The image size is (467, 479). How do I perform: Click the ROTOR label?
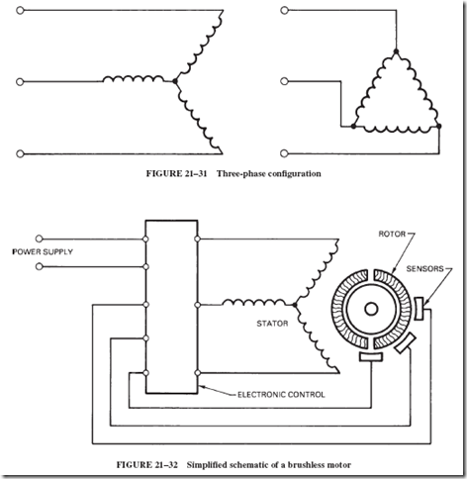(x=392, y=234)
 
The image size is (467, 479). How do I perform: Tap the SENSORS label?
(x=424, y=268)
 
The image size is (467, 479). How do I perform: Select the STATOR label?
(x=272, y=324)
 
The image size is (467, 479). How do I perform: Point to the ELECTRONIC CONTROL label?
(x=281, y=395)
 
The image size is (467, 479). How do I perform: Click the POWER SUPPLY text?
(x=43, y=251)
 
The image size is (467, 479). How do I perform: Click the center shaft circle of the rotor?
(x=371, y=309)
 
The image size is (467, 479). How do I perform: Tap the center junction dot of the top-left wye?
(x=175, y=81)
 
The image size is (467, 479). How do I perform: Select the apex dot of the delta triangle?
(x=396, y=51)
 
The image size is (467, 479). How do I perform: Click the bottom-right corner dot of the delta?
(x=438, y=126)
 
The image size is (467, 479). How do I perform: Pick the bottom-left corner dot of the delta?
(x=353, y=126)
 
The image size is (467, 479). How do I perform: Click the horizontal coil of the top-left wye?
(x=134, y=79)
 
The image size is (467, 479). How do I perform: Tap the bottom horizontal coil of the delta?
(x=396, y=129)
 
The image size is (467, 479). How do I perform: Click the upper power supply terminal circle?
(x=39, y=239)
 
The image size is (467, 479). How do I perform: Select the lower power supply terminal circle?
(x=39, y=266)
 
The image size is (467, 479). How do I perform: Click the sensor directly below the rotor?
(x=371, y=356)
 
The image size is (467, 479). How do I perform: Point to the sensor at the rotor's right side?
(x=420, y=309)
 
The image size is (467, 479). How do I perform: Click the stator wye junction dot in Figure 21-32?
(x=295, y=305)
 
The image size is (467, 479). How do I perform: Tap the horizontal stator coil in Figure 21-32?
(x=254, y=303)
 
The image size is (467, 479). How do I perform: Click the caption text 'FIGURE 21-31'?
(x=176, y=173)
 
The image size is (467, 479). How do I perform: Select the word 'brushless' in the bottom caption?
(x=307, y=465)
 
